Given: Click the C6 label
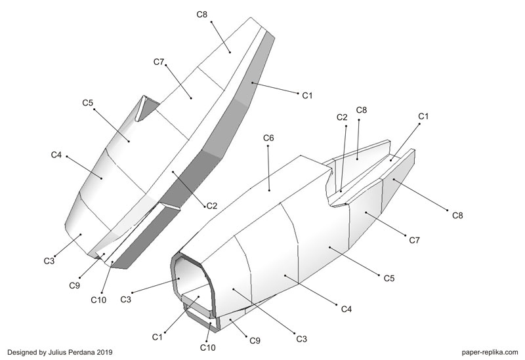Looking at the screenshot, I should (268, 138).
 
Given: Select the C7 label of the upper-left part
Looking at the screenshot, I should (159, 61).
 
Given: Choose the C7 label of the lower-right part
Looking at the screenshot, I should (414, 241).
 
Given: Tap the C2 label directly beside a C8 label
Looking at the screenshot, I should (342, 117).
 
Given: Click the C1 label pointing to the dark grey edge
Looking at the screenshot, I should (306, 95).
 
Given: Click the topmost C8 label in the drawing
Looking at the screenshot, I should (202, 14).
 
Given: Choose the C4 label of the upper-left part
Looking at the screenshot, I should (56, 155).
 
